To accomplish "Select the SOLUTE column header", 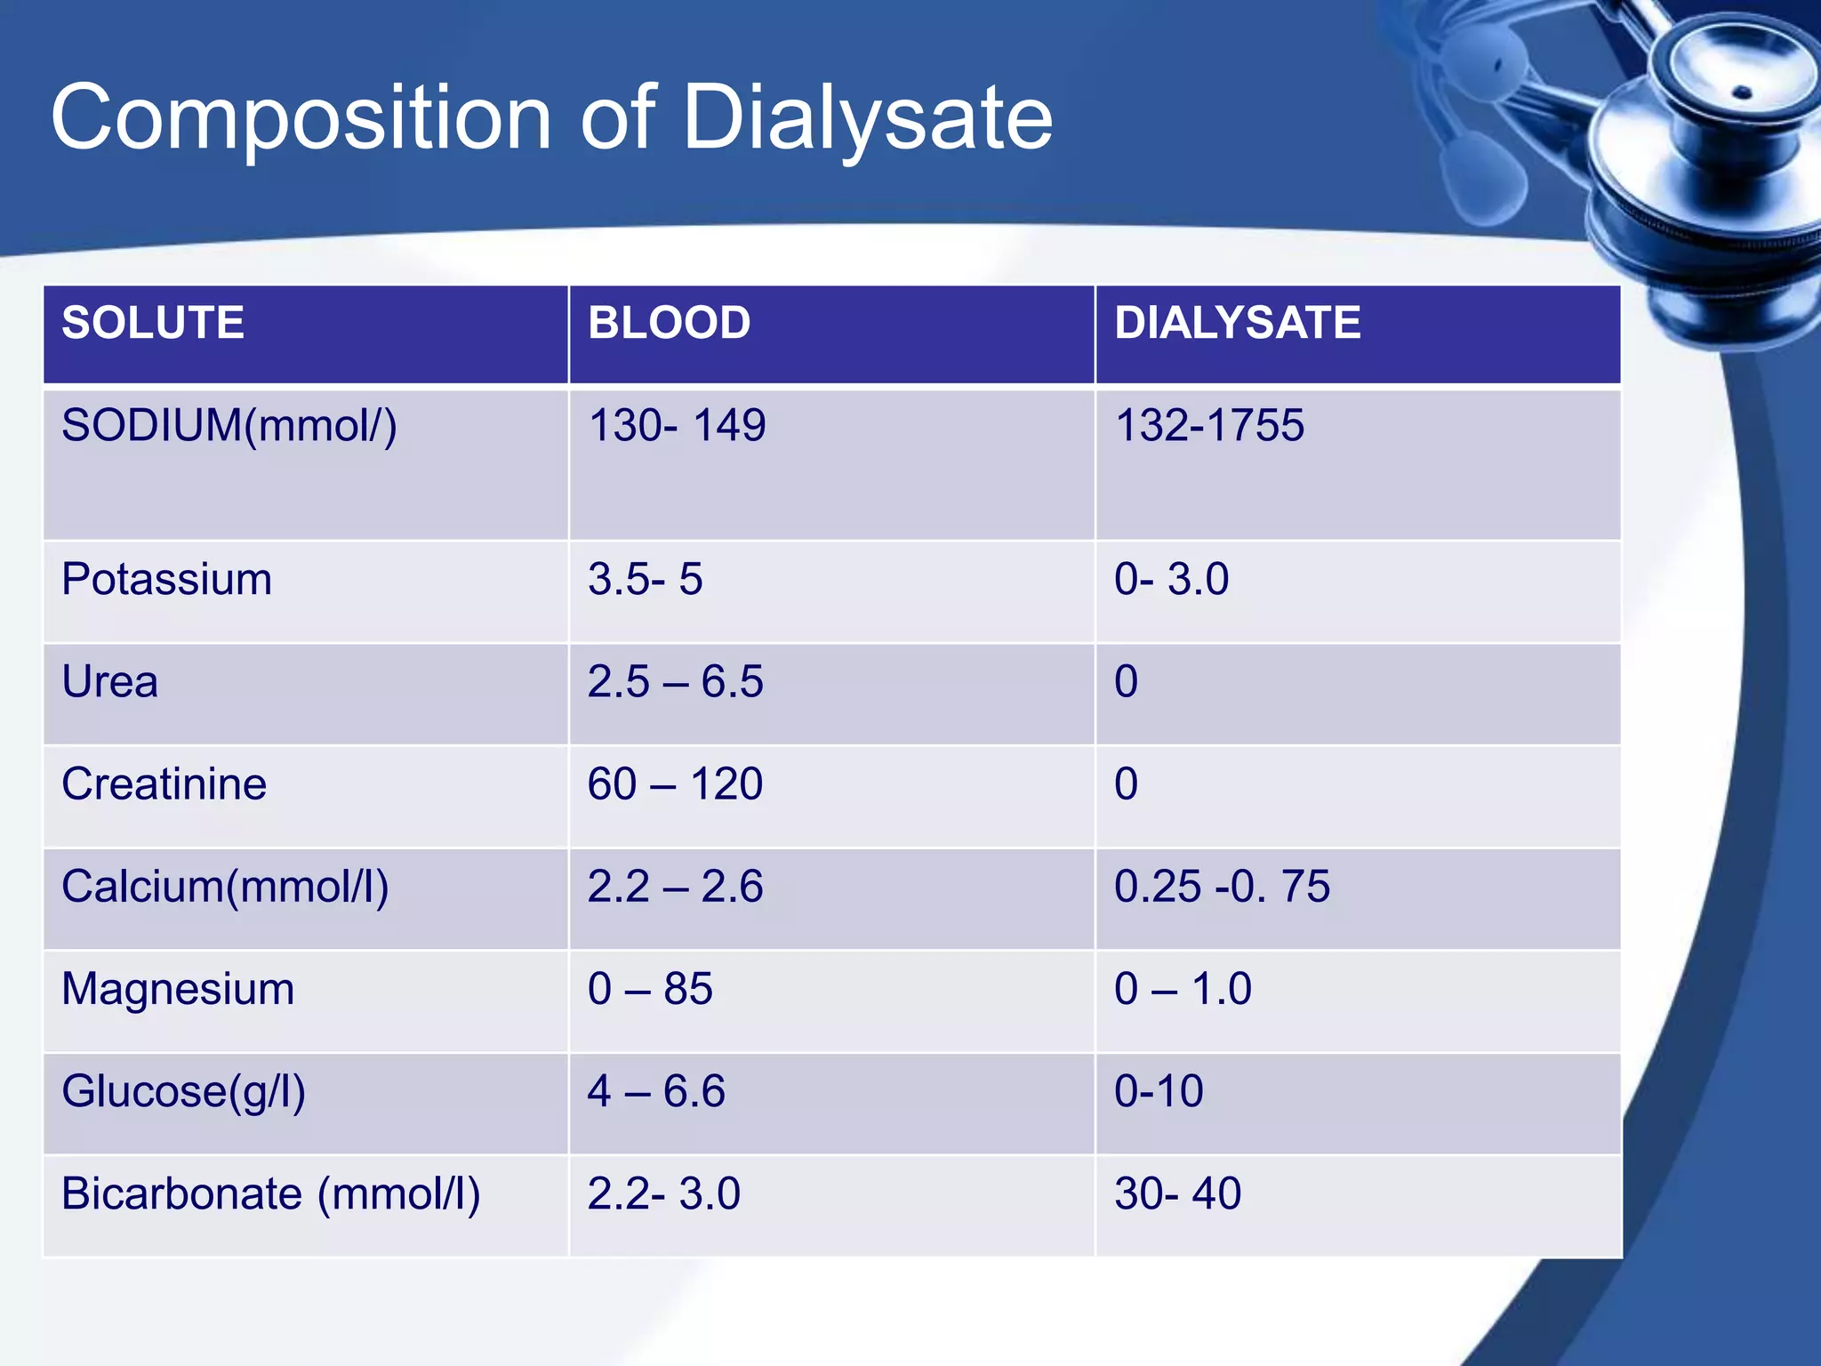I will click(153, 323).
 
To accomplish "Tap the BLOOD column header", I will click(669, 323).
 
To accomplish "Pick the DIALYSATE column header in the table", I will click(1237, 323).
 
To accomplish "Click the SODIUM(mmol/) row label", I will click(229, 426).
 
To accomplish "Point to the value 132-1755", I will click(1209, 426).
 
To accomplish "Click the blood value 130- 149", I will click(677, 426).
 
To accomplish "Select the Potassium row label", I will click(166, 580).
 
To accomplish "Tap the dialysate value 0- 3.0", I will click(1171, 580).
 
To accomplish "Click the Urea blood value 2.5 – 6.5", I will click(675, 682).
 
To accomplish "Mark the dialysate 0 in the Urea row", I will click(1126, 682).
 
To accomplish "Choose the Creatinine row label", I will click(164, 784).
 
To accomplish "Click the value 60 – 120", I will click(675, 784).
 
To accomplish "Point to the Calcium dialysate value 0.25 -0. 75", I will click(1222, 887).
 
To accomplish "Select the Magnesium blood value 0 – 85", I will click(650, 989).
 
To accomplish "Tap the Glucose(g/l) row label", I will click(183, 1092).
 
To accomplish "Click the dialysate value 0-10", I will click(1159, 1092).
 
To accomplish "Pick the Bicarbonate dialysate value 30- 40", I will click(1177, 1194).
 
